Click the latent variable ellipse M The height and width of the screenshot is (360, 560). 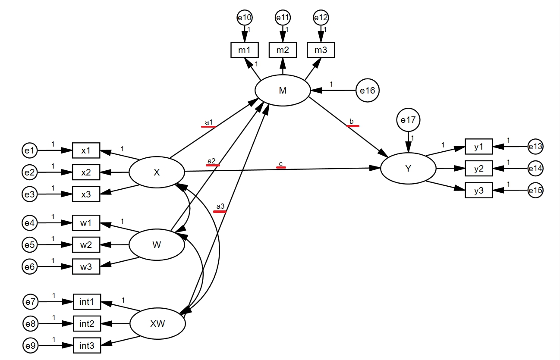tap(283, 91)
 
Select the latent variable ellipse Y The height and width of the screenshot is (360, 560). tap(408, 169)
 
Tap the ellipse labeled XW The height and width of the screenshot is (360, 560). tap(157, 324)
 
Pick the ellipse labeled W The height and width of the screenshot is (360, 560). tap(157, 245)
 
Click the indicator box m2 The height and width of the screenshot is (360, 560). tap(283, 50)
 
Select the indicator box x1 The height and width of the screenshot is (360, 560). tap(86, 150)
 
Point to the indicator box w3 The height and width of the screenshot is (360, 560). tap(86, 266)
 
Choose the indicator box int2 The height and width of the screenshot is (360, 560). tap(87, 323)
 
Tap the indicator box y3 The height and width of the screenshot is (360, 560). tap(478, 190)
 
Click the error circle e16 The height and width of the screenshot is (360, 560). tap(368, 91)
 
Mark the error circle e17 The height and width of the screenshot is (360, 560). tap(408, 120)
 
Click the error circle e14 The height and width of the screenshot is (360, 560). tap(535, 168)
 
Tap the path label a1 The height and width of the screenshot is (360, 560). tap(209, 122)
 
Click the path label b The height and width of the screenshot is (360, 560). tap(352, 122)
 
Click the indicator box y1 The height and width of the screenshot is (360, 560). tap(478, 147)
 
